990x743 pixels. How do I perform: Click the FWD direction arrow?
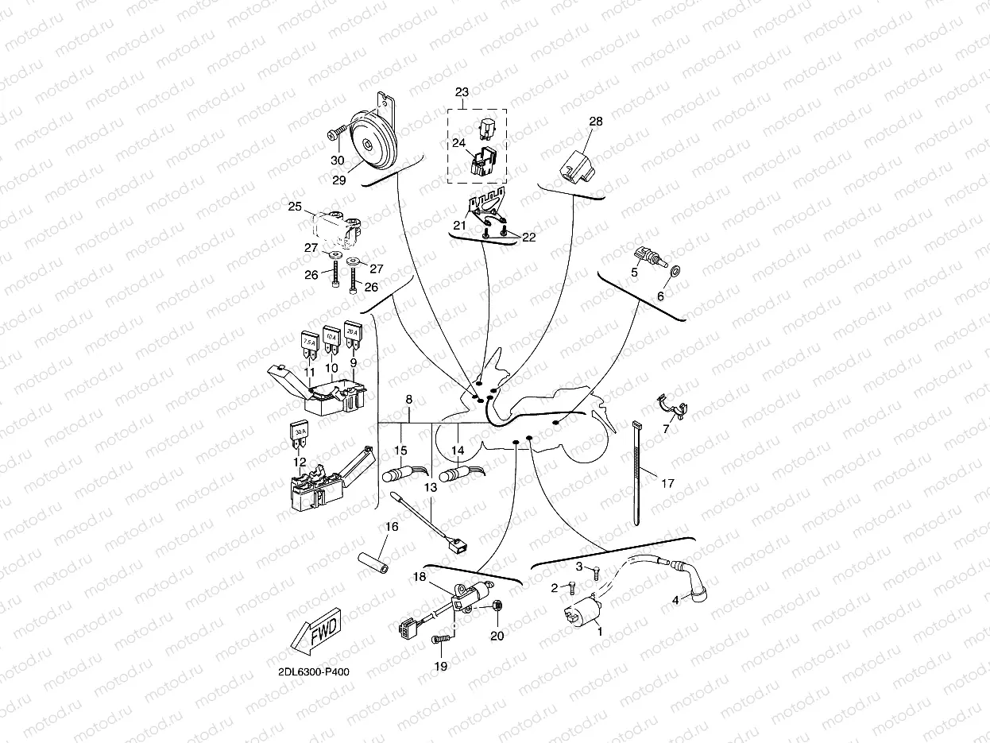click(316, 631)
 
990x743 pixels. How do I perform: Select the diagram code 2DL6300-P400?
click(314, 672)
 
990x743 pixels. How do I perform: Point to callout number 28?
click(596, 122)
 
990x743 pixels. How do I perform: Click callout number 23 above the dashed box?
click(462, 92)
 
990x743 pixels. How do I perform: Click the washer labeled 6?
click(675, 272)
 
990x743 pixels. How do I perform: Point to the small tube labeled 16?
click(373, 563)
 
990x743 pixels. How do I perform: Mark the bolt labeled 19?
click(442, 639)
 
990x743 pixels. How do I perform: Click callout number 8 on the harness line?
click(409, 399)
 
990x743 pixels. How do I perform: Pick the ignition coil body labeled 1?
click(582, 610)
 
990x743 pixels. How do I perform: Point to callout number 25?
click(295, 207)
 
